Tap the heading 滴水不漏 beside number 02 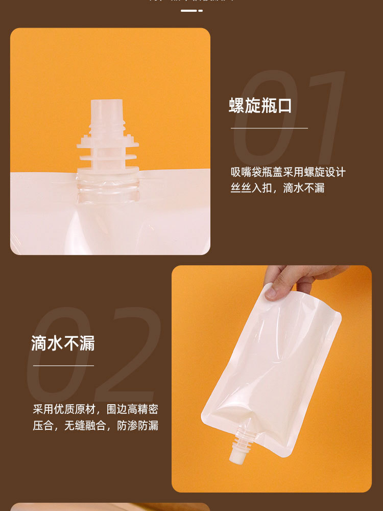point(63,343)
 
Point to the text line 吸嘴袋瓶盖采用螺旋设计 point(288,172)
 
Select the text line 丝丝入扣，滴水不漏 point(277,188)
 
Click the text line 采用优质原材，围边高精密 point(95,409)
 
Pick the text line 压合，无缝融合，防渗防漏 point(95,425)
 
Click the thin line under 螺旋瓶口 point(269,128)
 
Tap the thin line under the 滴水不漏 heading point(63,366)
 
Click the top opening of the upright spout point(107,102)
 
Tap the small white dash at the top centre point(192,10)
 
